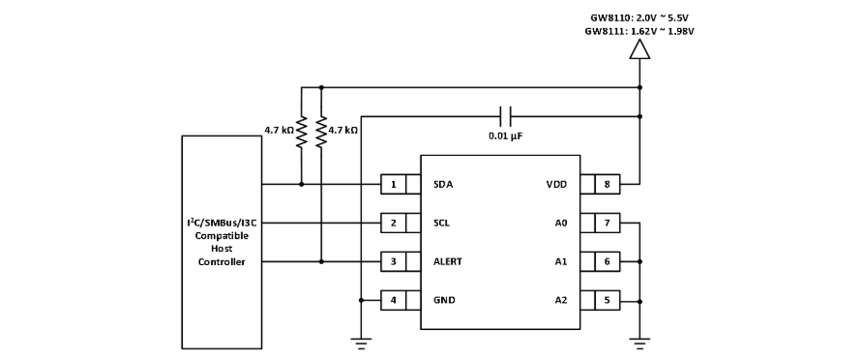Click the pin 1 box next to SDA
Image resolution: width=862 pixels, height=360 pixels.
[x=394, y=185]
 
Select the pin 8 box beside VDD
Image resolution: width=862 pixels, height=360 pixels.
[x=607, y=185]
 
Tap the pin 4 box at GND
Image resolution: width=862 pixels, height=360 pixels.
[x=394, y=301]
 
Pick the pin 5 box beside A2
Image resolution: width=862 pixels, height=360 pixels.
[x=607, y=301]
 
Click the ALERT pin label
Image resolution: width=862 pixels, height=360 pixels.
[x=448, y=261]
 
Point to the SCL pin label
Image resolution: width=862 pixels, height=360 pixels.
[x=441, y=224]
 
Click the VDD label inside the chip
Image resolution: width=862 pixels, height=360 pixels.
[x=556, y=185]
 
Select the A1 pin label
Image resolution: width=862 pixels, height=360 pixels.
[x=561, y=261]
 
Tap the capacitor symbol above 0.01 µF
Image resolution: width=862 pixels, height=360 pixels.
[x=505, y=116]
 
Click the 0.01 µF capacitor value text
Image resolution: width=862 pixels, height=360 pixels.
[x=505, y=135]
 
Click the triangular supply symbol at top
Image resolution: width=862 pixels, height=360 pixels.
[x=639, y=49]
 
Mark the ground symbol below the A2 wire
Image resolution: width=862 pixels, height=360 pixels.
[x=639, y=343]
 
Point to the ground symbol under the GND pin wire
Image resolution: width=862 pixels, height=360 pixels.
[x=361, y=343]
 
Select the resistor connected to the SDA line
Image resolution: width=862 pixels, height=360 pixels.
[x=301, y=132]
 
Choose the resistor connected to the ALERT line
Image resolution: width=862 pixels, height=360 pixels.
[x=321, y=132]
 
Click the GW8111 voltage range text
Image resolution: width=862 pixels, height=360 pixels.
[x=639, y=31]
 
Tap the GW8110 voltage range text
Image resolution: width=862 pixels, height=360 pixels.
[x=639, y=18]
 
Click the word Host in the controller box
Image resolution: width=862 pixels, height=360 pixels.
[x=222, y=249]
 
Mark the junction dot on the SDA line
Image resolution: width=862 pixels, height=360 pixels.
[x=301, y=185]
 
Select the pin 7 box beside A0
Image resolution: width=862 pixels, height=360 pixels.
[x=607, y=224]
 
